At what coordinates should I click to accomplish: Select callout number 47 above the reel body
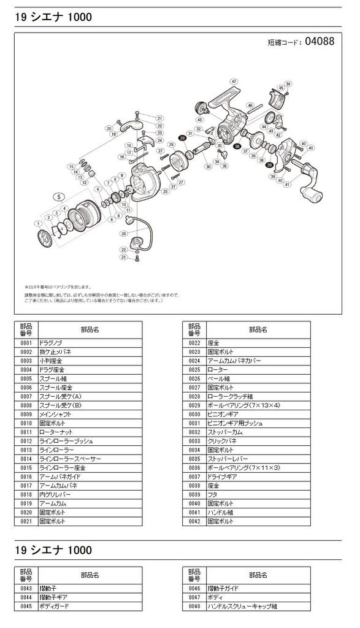(234, 82)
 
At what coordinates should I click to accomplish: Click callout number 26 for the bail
(124, 234)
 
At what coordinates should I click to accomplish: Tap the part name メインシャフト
(55, 415)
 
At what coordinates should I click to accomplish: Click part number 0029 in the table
(194, 406)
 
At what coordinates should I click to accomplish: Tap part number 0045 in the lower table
(26, 607)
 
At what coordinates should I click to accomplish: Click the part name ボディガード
(55, 607)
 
